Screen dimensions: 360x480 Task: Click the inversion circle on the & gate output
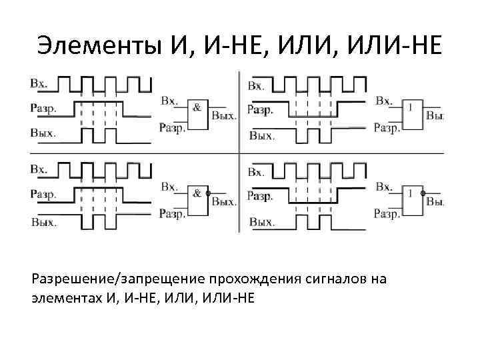pyautogui.click(x=208, y=194)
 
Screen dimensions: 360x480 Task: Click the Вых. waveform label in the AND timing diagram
pyautogui.click(x=43, y=132)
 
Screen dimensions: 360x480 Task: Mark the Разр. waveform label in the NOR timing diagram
pyautogui.click(x=260, y=196)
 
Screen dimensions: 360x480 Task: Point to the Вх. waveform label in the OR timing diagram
pyautogui.click(x=256, y=85)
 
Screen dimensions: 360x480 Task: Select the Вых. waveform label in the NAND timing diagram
pyautogui.click(x=43, y=222)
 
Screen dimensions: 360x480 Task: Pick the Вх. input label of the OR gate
pyautogui.click(x=383, y=101)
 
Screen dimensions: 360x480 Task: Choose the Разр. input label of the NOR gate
pyautogui.click(x=387, y=214)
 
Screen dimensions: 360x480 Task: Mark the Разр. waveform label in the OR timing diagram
pyautogui.click(x=260, y=110)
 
